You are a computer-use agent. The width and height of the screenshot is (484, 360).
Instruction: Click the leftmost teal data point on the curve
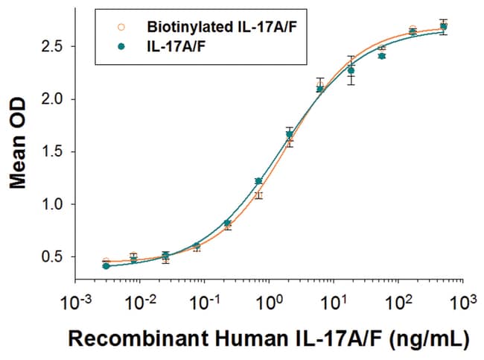(x=106, y=266)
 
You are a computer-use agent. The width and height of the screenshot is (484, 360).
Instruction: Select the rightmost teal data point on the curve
(x=444, y=27)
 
